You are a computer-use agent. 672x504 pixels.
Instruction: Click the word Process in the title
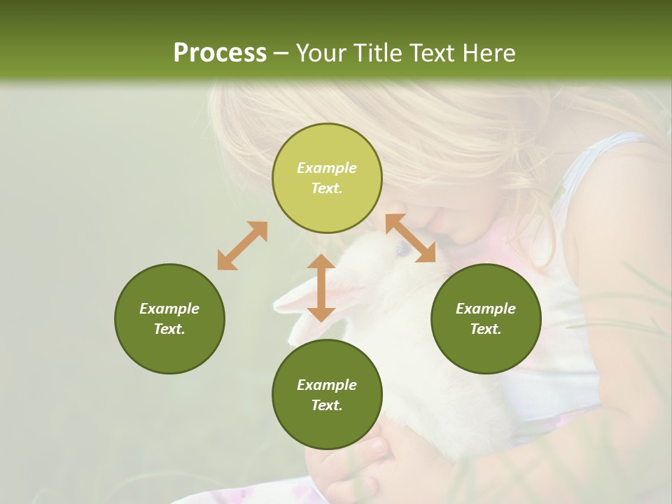(x=220, y=53)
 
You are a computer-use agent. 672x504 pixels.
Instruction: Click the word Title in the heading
(x=377, y=53)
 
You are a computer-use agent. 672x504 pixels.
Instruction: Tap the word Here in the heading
(x=488, y=53)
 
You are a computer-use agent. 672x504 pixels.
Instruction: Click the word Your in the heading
(x=321, y=53)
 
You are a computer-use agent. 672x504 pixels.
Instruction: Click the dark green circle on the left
(x=169, y=318)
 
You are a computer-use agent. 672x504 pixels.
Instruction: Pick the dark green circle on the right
(x=486, y=318)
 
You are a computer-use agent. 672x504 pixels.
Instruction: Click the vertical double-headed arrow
(x=321, y=288)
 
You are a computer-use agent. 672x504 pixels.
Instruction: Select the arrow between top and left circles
(x=242, y=246)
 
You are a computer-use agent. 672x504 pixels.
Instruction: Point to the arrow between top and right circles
(x=410, y=238)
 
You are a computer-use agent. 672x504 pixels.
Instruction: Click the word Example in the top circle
(x=327, y=168)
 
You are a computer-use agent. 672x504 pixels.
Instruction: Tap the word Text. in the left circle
(x=169, y=329)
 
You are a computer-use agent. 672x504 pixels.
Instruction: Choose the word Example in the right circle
(x=486, y=309)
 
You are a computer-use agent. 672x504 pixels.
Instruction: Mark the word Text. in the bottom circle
(x=327, y=405)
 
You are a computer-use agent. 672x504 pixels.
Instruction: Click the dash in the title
(x=281, y=53)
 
